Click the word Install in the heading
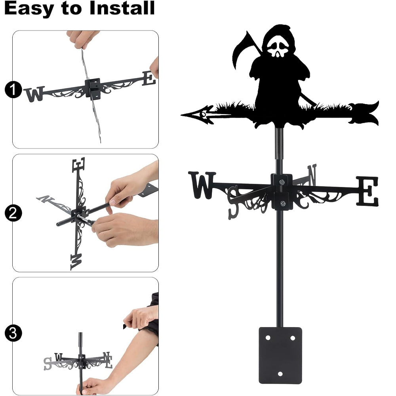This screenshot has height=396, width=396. pos(122,8)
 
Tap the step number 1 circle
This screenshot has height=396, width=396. pos(13,89)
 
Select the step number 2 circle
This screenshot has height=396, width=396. pos(13,213)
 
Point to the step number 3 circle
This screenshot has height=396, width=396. pos(13,333)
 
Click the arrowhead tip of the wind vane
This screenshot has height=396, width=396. pos(182,115)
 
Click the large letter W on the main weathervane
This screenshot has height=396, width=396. pos(202,185)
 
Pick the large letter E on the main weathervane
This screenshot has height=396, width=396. pos(367,191)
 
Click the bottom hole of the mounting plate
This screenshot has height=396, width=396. pos(280,374)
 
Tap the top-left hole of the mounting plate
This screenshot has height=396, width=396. pos(268,338)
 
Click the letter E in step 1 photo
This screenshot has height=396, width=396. pos(149,78)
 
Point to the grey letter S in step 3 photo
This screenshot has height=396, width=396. pos(48,364)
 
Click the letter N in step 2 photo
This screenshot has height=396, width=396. pos(45,199)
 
